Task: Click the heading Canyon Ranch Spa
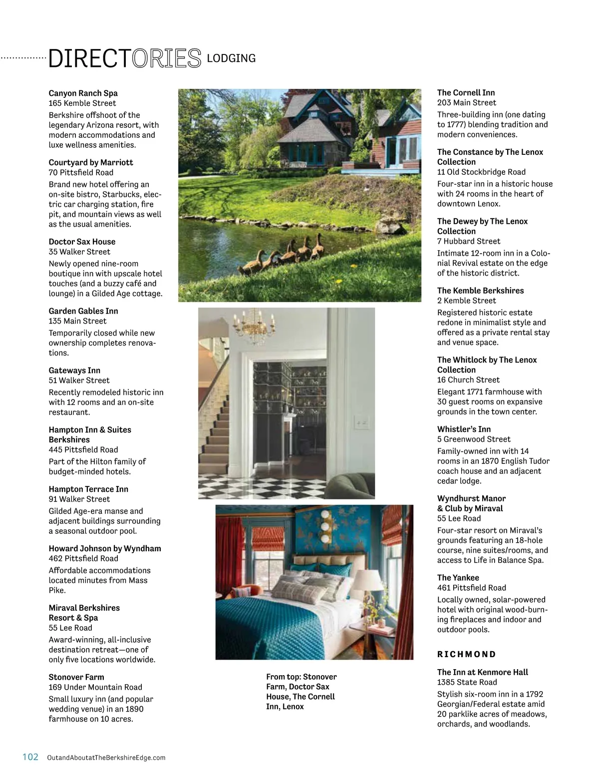83,93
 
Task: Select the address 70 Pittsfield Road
81,173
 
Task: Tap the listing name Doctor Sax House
82,242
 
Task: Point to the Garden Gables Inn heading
83,311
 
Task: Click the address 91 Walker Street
79,499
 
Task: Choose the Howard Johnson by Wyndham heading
105,549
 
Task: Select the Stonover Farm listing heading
76,678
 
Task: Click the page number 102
30,757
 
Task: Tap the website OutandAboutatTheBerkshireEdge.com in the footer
106,758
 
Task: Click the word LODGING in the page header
231,58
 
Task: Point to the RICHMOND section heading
467,655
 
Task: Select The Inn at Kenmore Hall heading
482,673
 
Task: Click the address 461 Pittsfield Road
471,588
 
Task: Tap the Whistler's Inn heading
464,429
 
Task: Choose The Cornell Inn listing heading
466,93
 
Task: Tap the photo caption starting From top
301,692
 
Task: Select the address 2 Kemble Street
466,301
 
